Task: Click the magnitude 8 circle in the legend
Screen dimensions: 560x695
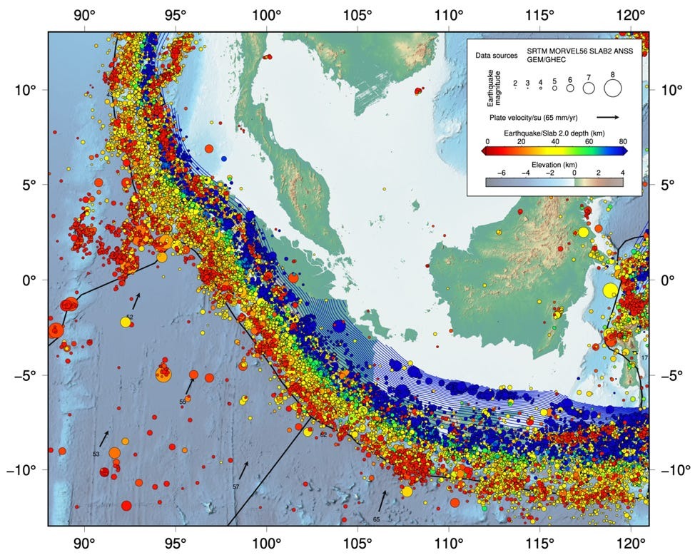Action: (x=612, y=88)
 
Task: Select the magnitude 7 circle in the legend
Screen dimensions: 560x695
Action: (x=589, y=88)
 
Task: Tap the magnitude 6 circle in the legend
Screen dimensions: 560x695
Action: (x=570, y=89)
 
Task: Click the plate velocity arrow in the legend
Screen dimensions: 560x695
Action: (x=607, y=116)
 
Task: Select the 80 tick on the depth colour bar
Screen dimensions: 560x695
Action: (x=623, y=142)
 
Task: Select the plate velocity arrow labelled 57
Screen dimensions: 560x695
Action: (x=244, y=470)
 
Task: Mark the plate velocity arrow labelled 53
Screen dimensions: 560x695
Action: (x=104, y=438)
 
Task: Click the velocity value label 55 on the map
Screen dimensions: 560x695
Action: (x=183, y=402)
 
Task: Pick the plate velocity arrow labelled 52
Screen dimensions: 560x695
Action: (x=136, y=301)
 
